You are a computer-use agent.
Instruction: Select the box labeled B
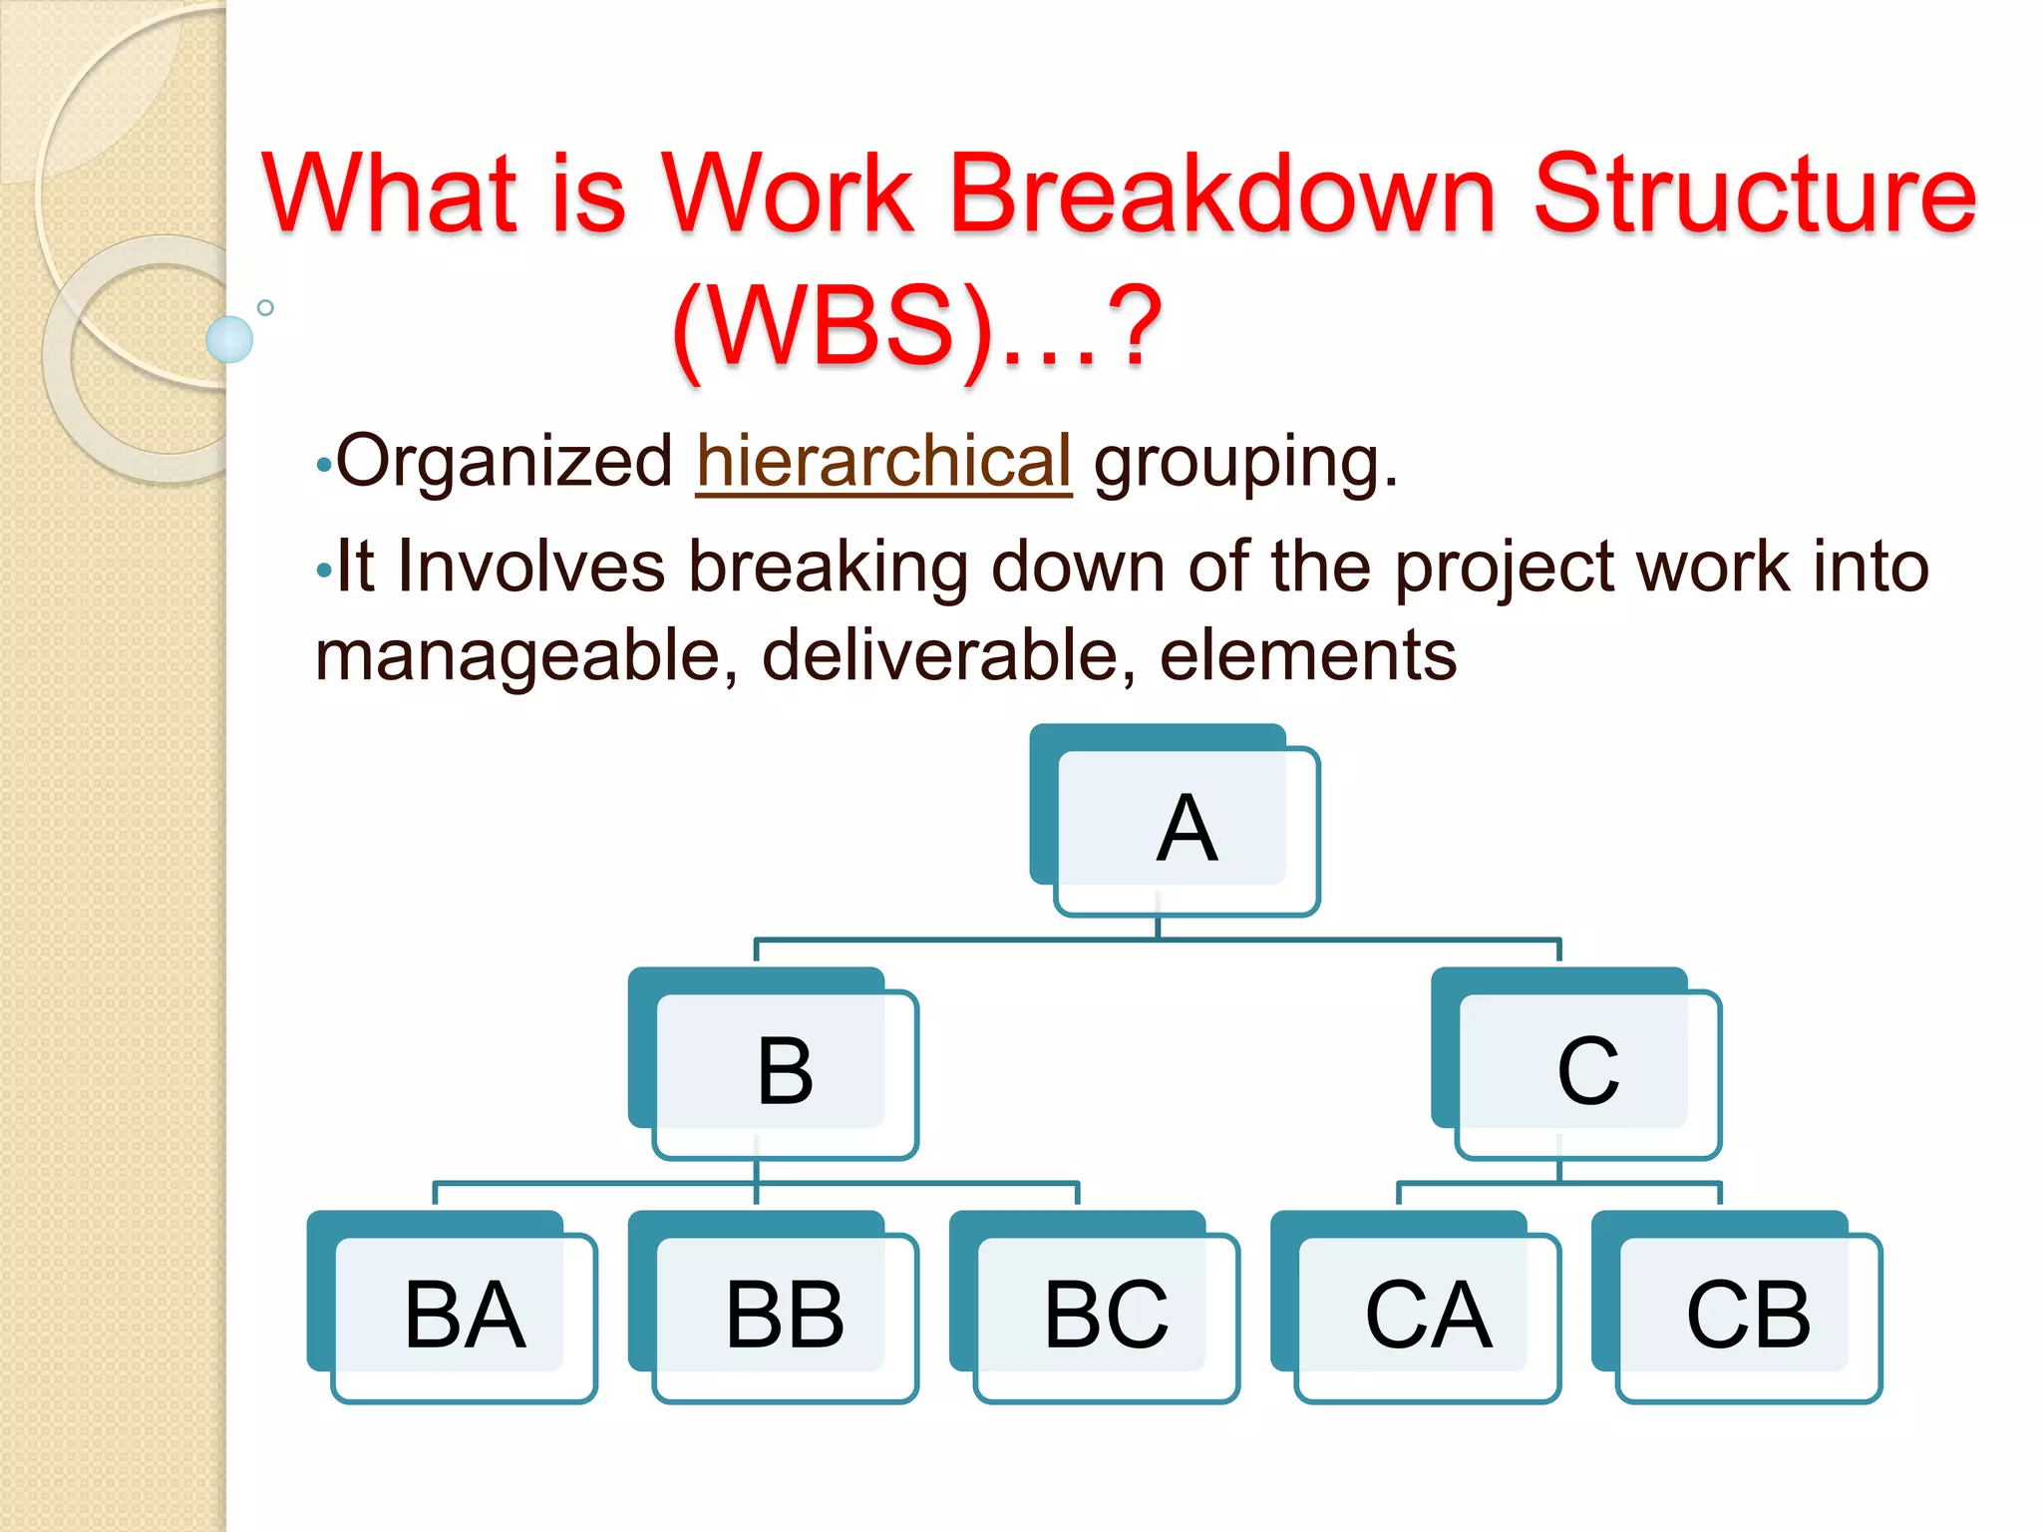[x=785, y=1072]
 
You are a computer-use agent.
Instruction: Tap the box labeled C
[x=1587, y=1072]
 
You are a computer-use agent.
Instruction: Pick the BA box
[x=464, y=1316]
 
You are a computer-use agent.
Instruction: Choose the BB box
[x=785, y=1316]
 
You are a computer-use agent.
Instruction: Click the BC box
[x=1106, y=1316]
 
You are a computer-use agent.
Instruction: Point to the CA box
[x=1427, y=1316]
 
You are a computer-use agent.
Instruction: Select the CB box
[x=1748, y=1316]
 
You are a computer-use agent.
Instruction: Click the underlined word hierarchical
[x=883, y=462]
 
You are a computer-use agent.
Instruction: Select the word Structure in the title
[x=1755, y=194]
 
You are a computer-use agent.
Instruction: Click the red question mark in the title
[x=1137, y=325]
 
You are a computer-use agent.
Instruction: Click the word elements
[x=1307, y=656]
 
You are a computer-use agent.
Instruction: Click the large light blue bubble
[x=229, y=339]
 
